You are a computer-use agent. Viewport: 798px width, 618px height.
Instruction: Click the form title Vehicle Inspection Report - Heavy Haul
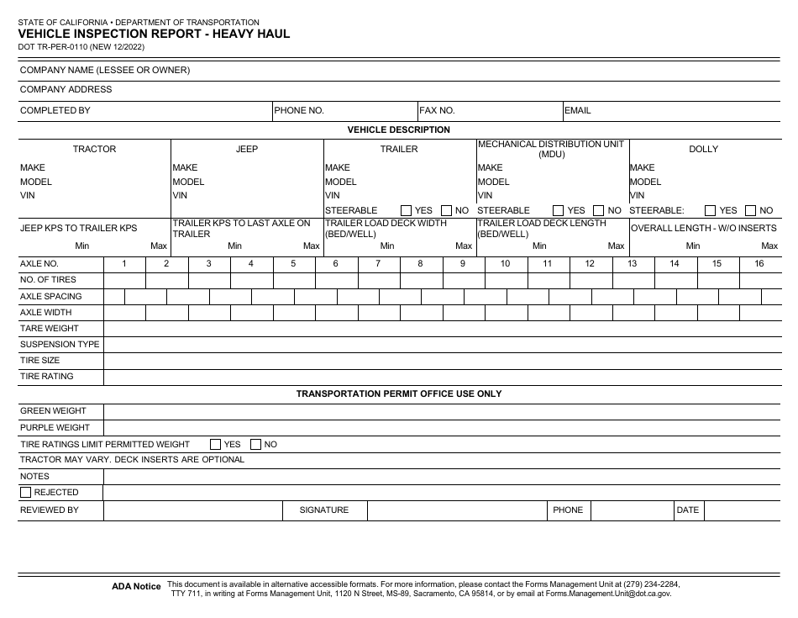click(155, 34)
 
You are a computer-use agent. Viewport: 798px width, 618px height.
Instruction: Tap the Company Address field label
click(66, 90)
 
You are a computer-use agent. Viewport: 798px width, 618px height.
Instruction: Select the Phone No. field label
click(299, 110)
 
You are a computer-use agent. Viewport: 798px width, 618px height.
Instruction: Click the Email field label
click(577, 110)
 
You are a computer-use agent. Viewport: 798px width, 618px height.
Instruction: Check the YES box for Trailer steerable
click(407, 211)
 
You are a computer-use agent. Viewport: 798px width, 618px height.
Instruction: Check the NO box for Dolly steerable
click(751, 211)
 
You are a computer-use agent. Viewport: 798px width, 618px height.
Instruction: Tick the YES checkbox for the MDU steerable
click(559, 211)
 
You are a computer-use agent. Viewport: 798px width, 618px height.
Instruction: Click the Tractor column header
click(94, 149)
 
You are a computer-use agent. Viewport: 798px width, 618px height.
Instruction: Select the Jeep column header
click(247, 149)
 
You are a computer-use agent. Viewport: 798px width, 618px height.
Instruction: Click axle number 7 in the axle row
click(378, 263)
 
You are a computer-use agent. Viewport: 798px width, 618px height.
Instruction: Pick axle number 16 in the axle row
click(759, 263)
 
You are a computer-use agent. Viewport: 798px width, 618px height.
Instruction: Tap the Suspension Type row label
click(60, 344)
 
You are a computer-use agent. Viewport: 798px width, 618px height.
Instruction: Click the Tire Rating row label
click(47, 377)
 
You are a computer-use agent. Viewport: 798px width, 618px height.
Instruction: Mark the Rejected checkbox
click(26, 493)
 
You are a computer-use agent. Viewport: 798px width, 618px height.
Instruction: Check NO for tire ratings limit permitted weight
click(256, 444)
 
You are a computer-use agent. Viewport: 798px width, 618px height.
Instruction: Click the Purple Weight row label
click(55, 427)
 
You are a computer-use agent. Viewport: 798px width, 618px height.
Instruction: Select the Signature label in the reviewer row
click(324, 510)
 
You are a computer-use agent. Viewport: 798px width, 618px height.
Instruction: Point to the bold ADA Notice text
click(135, 587)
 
